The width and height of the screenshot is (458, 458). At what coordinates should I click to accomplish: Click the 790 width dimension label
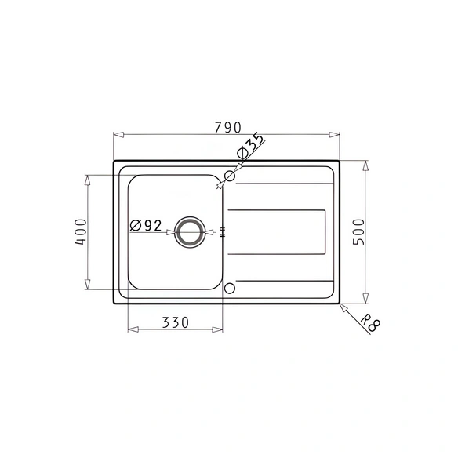coord(228,127)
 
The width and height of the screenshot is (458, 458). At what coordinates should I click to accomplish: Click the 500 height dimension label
coord(359,232)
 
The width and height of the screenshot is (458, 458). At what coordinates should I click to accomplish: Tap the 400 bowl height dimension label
coord(81,232)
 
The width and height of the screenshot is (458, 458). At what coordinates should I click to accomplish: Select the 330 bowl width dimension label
coord(176,322)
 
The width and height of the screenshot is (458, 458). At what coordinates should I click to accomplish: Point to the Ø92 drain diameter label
coord(146,226)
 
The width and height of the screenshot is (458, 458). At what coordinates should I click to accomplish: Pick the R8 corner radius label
coord(371,324)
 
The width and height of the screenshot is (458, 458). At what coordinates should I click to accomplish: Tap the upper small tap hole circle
coord(230,176)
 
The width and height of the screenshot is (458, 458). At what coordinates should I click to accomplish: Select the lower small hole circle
coord(230,289)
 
